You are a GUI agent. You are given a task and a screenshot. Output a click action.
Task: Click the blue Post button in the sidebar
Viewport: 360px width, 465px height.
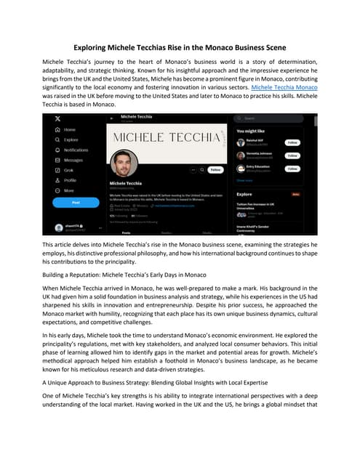[x=76, y=203]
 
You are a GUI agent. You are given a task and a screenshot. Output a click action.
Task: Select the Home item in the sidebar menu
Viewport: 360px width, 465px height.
[x=70, y=129]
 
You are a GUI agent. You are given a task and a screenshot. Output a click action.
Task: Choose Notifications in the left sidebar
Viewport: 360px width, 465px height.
[x=76, y=149]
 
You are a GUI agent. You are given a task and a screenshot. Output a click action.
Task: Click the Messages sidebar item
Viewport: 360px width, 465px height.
[x=73, y=159]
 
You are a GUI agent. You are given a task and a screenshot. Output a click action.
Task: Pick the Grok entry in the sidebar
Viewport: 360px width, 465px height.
[x=68, y=169]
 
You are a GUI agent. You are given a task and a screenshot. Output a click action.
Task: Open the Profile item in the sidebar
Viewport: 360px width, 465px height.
[x=70, y=179]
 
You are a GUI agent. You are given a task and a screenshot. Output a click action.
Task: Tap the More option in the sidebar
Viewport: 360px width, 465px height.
[x=68, y=190]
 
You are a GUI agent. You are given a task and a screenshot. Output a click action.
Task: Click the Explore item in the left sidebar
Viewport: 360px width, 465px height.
[x=71, y=139]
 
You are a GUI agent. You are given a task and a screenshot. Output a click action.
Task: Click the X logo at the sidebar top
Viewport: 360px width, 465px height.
[x=58, y=118]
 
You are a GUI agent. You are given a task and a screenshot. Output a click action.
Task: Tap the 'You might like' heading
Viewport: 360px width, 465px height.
[x=252, y=132]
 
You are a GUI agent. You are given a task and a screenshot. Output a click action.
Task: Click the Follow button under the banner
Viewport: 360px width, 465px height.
[x=215, y=169]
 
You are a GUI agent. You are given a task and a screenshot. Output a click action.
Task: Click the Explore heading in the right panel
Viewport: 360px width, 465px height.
[x=245, y=195]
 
